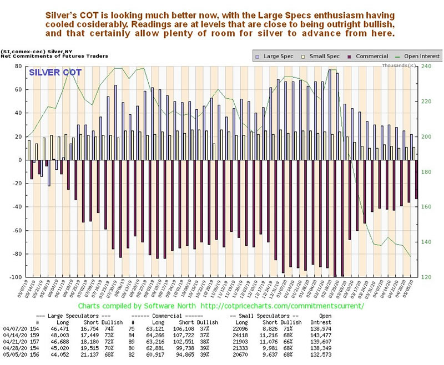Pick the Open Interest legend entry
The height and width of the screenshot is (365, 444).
(x=420, y=56)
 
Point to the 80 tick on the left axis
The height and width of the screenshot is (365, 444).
(x=18, y=66)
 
